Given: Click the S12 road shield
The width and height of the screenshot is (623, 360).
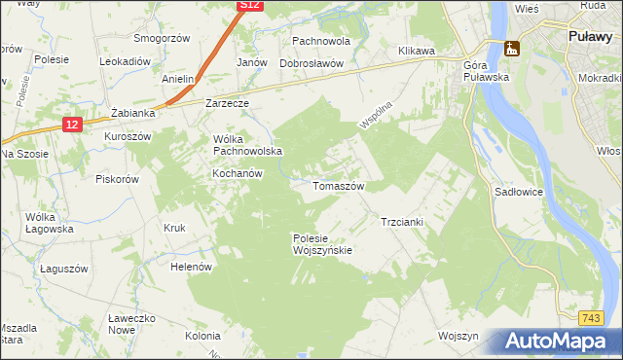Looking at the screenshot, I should [250, 6].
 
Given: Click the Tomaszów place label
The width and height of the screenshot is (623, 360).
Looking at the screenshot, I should [338, 185].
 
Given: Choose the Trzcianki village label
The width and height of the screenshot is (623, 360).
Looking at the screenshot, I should [401, 222].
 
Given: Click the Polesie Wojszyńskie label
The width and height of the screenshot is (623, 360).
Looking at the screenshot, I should [321, 244].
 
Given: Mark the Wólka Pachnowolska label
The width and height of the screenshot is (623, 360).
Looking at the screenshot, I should [247, 145].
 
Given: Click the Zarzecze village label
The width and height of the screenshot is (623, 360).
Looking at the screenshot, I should [228, 102].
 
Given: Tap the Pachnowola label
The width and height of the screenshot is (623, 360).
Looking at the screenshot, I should [321, 42].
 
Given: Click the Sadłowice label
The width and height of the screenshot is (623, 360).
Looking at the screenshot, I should [517, 193].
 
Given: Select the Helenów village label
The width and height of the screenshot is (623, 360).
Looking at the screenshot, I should [191, 267].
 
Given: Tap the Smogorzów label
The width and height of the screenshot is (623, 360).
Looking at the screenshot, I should [162, 39].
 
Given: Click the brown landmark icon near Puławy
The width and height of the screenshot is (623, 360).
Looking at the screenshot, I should [511, 49].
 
